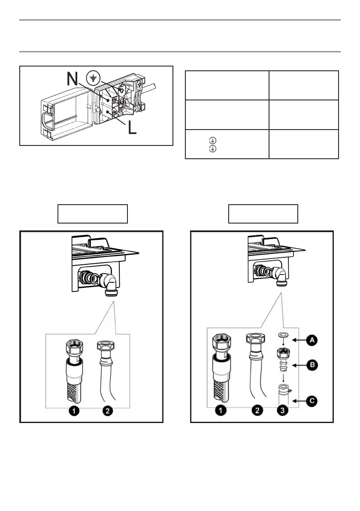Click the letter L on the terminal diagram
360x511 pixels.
point(132,127)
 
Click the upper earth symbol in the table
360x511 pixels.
point(211,140)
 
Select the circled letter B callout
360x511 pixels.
point(313,365)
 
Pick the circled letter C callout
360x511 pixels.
point(313,401)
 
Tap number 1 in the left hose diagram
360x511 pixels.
point(74,411)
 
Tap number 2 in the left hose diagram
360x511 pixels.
point(108,411)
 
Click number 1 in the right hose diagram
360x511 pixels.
point(221,411)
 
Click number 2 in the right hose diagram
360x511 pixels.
point(257,411)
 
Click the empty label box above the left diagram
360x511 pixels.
point(93,214)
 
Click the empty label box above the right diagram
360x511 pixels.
point(263,214)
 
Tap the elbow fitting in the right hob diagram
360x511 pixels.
point(281,275)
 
